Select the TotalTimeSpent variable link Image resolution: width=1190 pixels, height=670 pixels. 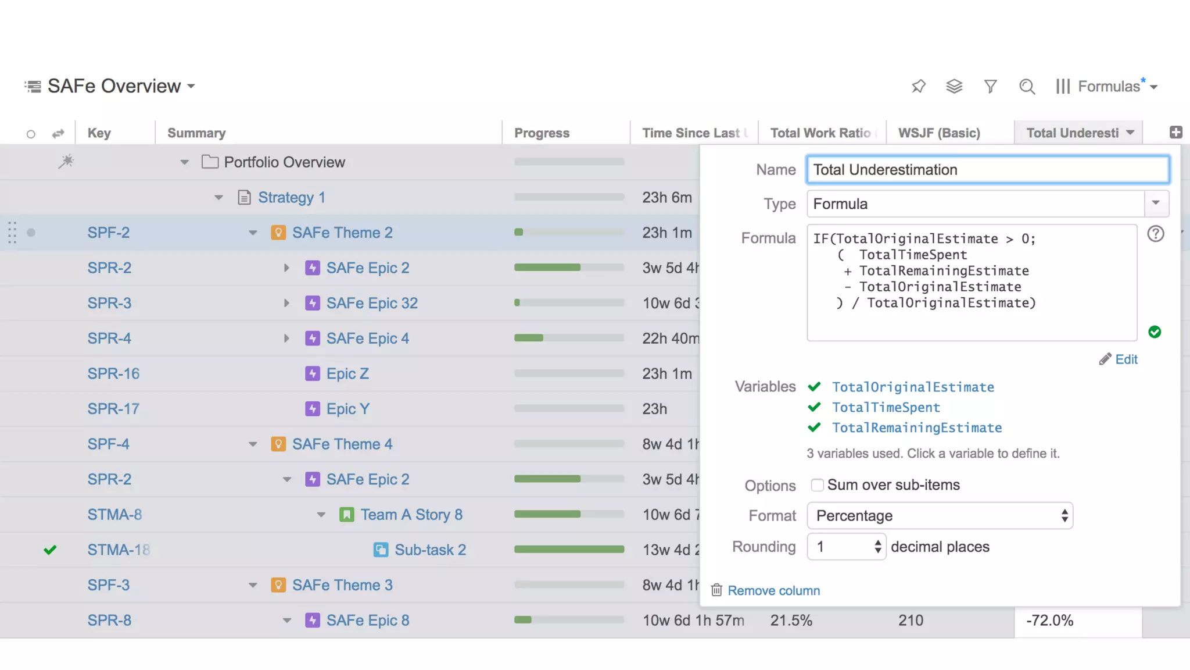coord(886,408)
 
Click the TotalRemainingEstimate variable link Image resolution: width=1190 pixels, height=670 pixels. coord(916,428)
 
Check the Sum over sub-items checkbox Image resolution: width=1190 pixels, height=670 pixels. coord(817,485)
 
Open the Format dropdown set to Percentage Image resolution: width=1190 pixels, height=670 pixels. coord(940,516)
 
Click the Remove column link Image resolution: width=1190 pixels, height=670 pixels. coord(773,591)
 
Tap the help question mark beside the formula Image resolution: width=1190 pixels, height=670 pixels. coord(1155,234)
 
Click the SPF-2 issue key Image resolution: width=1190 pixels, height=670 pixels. coord(109,233)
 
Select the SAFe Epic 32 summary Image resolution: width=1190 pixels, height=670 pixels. coord(372,303)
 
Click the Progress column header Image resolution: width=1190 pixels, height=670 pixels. coord(542,133)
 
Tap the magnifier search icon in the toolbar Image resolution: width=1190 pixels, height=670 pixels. coord(1027,87)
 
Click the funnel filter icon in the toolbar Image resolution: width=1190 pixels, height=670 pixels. coord(991,87)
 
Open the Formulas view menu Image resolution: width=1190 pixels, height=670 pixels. coord(1107,87)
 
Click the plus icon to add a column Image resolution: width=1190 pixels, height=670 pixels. coord(1175,133)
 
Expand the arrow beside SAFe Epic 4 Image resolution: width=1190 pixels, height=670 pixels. coord(286,338)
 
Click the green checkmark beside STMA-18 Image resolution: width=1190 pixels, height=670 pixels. coord(51,550)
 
